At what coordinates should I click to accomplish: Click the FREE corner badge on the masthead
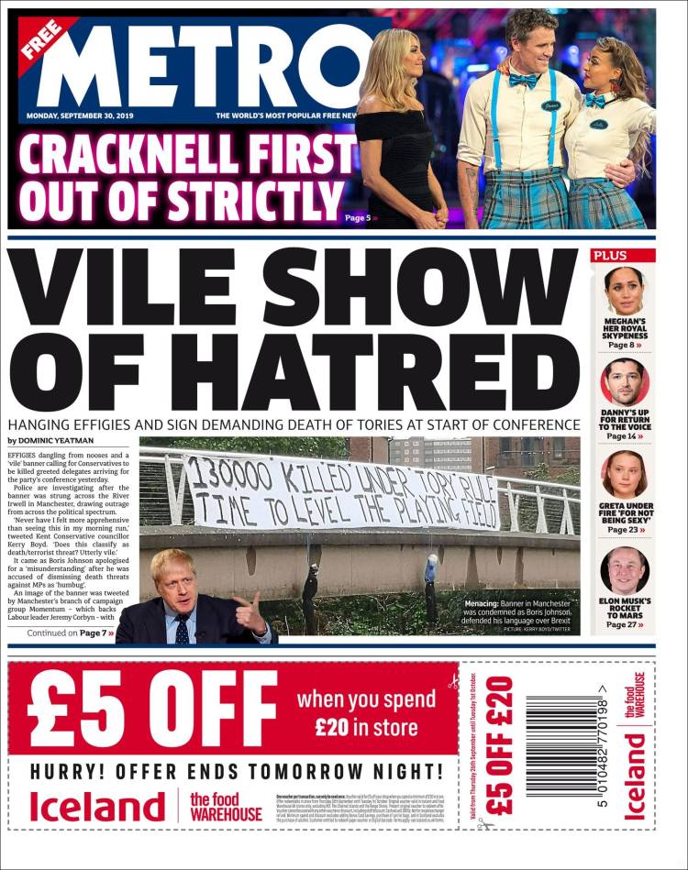click(x=42, y=38)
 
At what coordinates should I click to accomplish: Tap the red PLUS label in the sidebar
click(x=611, y=256)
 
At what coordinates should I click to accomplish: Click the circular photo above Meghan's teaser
click(x=625, y=291)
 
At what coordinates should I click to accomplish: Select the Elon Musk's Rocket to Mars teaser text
click(x=624, y=611)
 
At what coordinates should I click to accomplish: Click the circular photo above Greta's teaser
click(x=624, y=475)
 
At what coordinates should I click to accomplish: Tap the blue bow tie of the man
click(x=524, y=81)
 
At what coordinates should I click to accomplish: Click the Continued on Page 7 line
click(x=70, y=633)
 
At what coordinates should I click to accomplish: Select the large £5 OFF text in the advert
click(x=151, y=710)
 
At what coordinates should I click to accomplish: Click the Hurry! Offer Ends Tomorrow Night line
click(x=237, y=771)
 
